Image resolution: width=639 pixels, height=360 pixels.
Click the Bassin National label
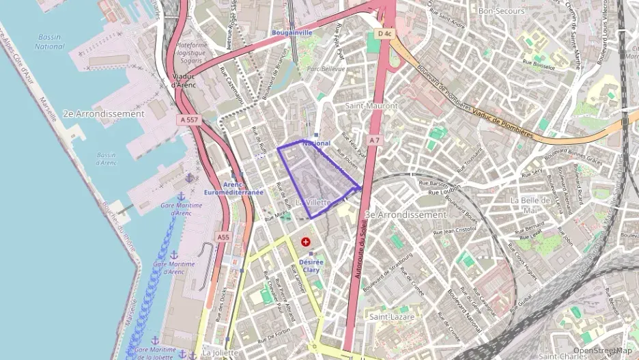[x=49, y=42]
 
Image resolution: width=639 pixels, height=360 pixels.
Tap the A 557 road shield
[x=191, y=120]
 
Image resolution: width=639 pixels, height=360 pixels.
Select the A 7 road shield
[x=373, y=139]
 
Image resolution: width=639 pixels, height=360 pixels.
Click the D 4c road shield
[x=384, y=32]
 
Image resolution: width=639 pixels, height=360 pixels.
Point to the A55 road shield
[x=223, y=237]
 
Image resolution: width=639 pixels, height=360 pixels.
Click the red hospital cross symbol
[x=306, y=242]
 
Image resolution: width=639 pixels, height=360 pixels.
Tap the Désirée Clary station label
[x=311, y=265]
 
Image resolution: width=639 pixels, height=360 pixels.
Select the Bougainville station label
[x=292, y=32]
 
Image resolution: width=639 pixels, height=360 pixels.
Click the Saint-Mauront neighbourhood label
[x=371, y=106]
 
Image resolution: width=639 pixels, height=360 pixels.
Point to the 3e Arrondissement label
[x=406, y=214]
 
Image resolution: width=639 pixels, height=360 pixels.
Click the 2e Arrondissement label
[x=103, y=114]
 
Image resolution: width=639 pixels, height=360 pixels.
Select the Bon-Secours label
[x=501, y=11]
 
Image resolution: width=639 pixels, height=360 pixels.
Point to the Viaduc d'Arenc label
[x=183, y=81]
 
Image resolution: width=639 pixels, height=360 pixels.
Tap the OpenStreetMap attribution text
[x=603, y=350]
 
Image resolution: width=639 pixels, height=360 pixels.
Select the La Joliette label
[x=220, y=352]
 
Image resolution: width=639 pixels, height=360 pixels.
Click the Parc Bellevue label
[x=323, y=69]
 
